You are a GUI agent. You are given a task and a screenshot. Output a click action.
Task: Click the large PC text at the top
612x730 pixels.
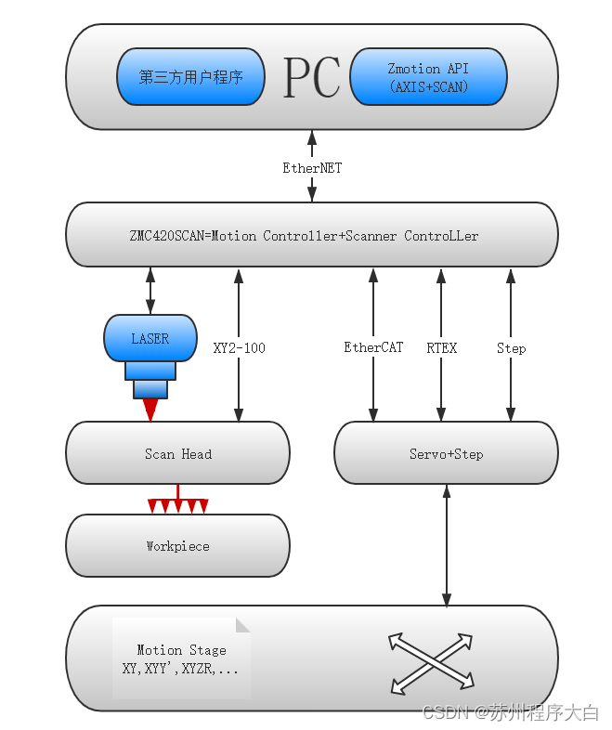click(311, 78)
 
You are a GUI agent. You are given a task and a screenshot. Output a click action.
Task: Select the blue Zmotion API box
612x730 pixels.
click(428, 77)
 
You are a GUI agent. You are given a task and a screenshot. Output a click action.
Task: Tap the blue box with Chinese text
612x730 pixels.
click(190, 77)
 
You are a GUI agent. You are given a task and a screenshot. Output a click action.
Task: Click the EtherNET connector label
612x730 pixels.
click(312, 168)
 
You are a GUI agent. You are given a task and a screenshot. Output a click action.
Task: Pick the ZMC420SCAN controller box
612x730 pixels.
click(312, 235)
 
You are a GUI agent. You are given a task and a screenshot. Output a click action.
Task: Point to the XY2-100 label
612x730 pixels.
click(239, 348)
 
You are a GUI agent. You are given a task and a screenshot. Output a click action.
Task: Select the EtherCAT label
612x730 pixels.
click(373, 347)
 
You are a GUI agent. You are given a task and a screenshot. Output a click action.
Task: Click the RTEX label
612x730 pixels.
click(441, 348)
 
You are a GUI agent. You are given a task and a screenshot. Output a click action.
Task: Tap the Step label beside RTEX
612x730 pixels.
click(511, 348)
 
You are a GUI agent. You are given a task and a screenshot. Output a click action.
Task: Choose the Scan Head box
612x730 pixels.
click(177, 453)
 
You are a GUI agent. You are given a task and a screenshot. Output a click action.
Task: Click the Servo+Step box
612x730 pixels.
click(446, 453)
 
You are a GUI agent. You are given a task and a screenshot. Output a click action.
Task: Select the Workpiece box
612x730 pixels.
click(177, 546)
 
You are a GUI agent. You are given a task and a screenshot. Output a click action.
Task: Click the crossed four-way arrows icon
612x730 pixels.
click(430, 663)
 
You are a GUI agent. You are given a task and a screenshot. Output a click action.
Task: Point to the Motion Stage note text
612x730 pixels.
click(180, 658)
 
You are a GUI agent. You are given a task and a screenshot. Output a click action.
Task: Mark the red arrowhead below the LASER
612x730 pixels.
click(150, 410)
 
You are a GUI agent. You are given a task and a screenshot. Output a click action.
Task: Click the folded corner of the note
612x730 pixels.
click(242, 625)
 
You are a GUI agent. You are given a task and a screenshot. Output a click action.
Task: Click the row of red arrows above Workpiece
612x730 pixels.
click(177, 506)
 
